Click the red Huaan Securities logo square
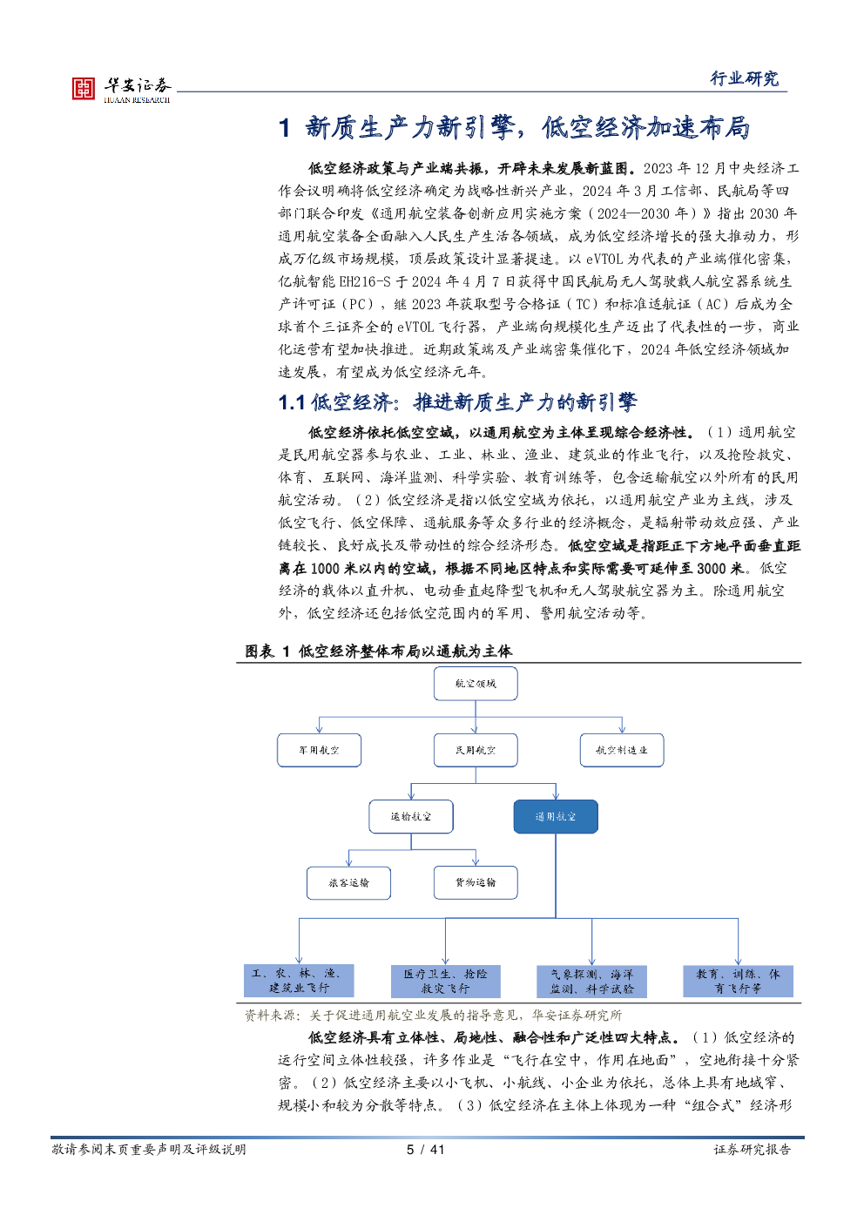(x=84, y=88)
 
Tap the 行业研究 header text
(x=744, y=78)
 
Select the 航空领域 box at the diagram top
(x=476, y=684)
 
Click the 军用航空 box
(x=319, y=750)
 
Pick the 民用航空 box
(x=476, y=750)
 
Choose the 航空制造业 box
(x=622, y=750)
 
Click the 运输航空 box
(x=411, y=817)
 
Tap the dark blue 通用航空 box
(x=556, y=817)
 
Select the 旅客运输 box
(x=348, y=882)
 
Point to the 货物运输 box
(x=476, y=882)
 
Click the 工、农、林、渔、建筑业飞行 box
(x=299, y=981)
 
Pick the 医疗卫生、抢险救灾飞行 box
(x=446, y=982)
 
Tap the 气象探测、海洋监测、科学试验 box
(x=591, y=982)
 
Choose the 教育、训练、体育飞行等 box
(x=738, y=982)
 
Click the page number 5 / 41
(x=425, y=1150)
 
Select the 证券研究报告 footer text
(x=752, y=1150)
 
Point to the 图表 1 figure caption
(x=378, y=652)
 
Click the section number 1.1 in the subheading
(x=291, y=402)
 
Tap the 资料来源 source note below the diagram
(x=433, y=1016)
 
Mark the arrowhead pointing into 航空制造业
(x=622, y=729)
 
